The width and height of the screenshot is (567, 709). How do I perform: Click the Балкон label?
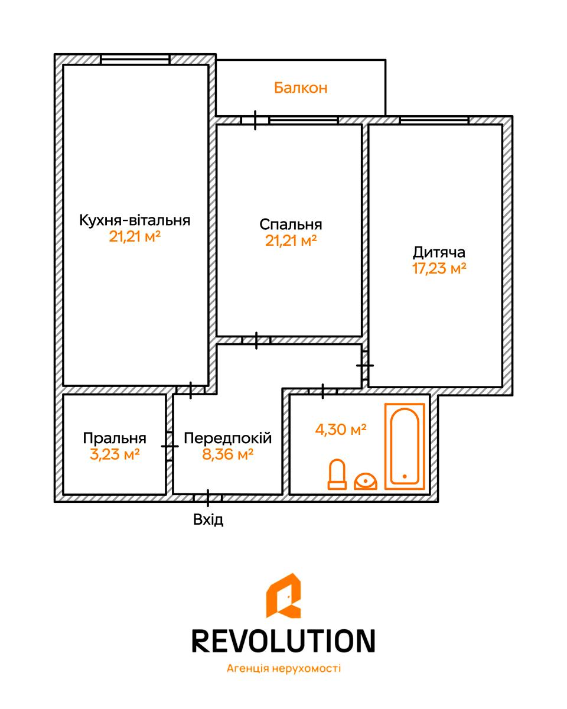pos(301,88)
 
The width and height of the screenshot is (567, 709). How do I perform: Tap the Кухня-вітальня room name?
pos(135,220)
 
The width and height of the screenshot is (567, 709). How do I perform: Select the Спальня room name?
pos(291,225)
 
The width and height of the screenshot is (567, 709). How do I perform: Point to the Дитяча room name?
pos(439,253)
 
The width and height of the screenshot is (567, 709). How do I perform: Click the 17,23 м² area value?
pos(439,268)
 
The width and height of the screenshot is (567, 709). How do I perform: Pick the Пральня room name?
pos(115,438)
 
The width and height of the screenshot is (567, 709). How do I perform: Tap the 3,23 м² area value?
pos(115,454)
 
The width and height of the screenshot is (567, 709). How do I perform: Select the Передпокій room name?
pos(227,438)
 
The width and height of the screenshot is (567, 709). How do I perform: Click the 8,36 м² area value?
pos(227,454)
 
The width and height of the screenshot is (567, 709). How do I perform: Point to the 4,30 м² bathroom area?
pos(341,430)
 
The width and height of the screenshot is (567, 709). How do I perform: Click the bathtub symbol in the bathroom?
pos(405,447)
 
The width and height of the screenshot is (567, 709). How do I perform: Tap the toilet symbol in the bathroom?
pos(337,474)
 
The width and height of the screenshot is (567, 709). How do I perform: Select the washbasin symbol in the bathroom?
pos(366,482)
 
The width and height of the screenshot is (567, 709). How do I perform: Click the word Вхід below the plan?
pos(208,519)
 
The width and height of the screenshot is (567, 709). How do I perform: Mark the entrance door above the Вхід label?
pos(207,498)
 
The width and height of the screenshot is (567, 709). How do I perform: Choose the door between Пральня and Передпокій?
pos(170,447)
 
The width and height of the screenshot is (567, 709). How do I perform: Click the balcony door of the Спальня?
pos(255,121)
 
